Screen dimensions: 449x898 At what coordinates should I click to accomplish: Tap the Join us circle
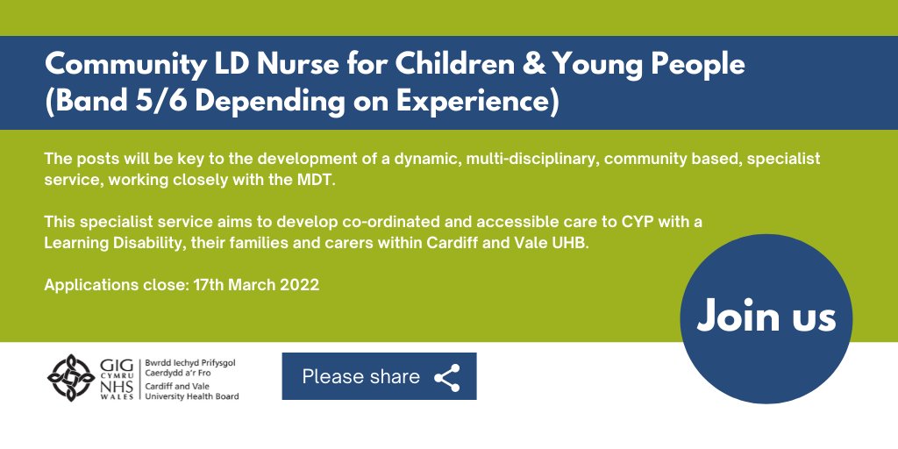[766, 317]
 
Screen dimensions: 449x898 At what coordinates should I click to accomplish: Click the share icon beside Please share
[447, 377]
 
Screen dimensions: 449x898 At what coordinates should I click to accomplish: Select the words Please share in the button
[360, 377]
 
